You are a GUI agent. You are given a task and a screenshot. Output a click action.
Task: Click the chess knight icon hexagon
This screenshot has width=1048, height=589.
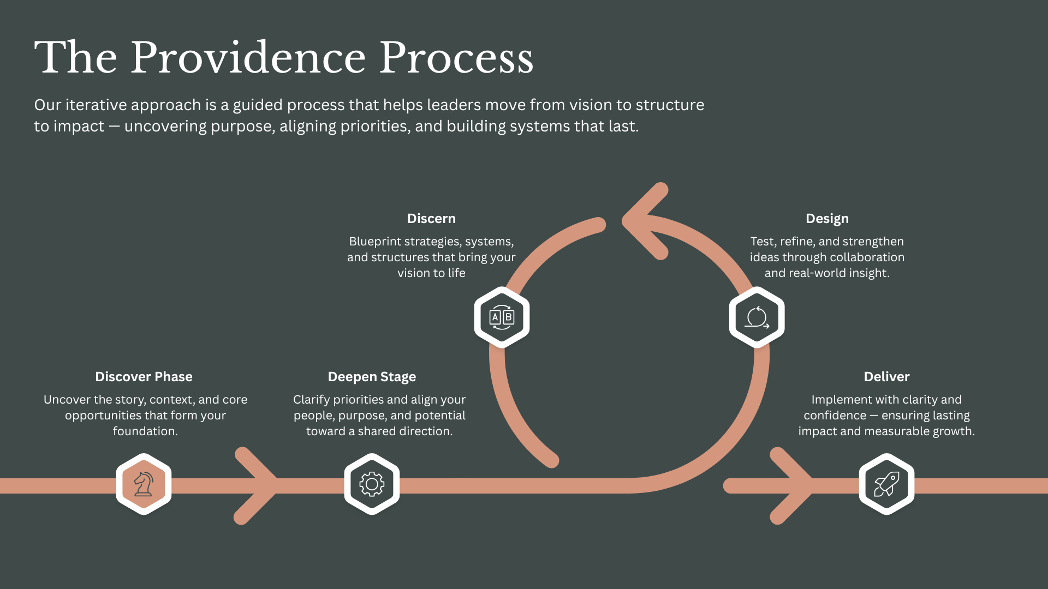tap(144, 484)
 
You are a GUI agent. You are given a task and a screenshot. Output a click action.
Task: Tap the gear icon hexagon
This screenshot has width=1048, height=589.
tap(372, 484)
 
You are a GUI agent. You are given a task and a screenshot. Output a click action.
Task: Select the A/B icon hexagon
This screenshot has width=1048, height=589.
tap(502, 317)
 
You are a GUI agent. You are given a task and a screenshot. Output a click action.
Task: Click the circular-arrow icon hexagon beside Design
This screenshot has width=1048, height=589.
tap(757, 317)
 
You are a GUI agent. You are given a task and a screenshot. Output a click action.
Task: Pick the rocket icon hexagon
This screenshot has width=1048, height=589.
tap(886, 484)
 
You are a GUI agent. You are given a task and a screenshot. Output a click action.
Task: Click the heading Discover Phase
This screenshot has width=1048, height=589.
tap(144, 377)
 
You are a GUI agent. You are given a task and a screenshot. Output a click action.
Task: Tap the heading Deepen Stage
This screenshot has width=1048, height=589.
tap(372, 377)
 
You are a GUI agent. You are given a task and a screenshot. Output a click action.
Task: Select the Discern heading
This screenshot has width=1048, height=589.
tap(431, 219)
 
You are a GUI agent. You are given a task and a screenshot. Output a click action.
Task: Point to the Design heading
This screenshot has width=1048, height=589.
tap(827, 219)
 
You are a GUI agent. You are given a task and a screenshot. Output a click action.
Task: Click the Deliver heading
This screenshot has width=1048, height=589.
tap(886, 377)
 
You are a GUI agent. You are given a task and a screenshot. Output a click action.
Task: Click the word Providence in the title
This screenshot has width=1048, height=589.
tap(248, 58)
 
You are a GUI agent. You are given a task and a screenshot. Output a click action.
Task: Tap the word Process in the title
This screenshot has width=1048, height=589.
tap(456, 58)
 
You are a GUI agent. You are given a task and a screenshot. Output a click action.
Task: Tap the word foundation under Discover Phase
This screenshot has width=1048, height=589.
tap(144, 431)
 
